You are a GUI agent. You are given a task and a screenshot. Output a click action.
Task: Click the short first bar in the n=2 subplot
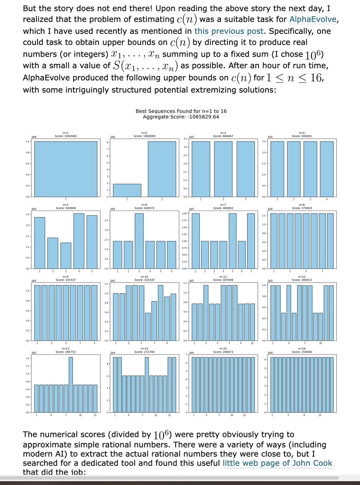point(127,190)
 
